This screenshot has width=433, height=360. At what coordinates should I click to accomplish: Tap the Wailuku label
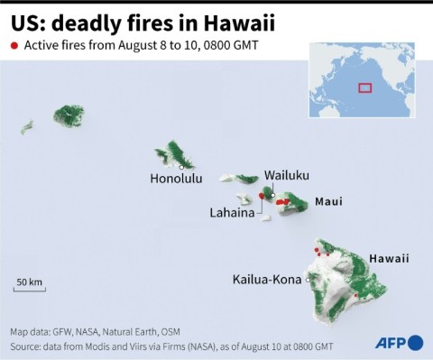tap(288, 176)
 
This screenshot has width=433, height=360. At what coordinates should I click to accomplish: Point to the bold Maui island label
tap(327, 202)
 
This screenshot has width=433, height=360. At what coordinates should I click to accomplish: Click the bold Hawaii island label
tap(389, 259)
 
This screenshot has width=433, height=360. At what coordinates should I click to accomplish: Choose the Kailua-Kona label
tap(268, 280)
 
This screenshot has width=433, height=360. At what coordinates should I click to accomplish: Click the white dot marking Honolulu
tap(181, 167)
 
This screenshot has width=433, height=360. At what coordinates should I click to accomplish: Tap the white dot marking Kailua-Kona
tap(309, 281)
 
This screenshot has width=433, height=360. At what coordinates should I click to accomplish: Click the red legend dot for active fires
tap(14, 45)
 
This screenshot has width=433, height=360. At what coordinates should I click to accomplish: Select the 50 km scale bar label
tap(30, 282)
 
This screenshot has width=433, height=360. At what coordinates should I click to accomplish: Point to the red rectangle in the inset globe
tap(365, 88)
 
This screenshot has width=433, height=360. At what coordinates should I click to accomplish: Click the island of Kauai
tap(68, 115)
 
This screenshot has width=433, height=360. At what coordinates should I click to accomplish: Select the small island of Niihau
tap(27, 127)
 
